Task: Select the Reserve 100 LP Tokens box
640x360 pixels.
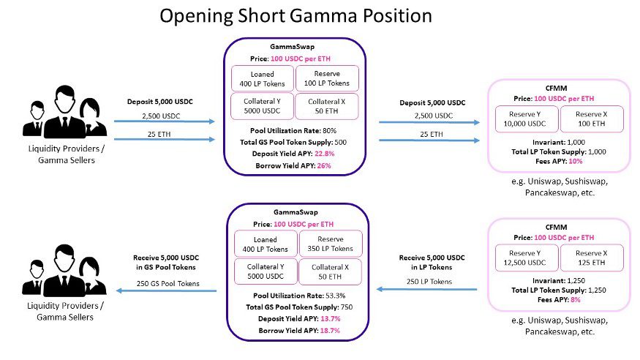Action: pyautogui.click(x=326, y=78)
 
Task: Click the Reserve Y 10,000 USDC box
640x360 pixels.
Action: pyautogui.click(x=526, y=120)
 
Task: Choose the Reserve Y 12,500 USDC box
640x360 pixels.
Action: pyautogui.click(x=526, y=258)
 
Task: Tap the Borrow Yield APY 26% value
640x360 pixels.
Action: pyautogui.click(x=323, y=165)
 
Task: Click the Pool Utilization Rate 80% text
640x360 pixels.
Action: pyautogui.click(x=295, y=129)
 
